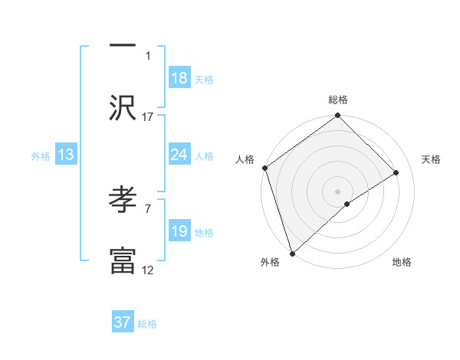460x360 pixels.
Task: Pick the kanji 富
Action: coord(123,260)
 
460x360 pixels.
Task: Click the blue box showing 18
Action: coord(179,78)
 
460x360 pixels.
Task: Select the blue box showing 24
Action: coord(179,155)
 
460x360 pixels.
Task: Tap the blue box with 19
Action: coord(179,231)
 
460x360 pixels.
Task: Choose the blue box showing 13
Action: coord(66,155)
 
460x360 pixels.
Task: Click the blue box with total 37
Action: coord(123,322)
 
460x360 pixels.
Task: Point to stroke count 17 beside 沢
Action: coord(148,116)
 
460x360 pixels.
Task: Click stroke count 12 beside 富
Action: coord(148,270)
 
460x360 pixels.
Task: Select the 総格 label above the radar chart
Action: coord(338,100)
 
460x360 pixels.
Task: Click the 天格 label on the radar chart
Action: coord(431,159)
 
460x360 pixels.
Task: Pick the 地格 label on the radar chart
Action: coord(402,263)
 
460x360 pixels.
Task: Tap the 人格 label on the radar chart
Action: coord(245,159)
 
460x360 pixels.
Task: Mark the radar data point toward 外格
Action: coord(292,253)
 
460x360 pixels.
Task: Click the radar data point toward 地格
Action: coord(347,204)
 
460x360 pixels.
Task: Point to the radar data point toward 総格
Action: coord(338,116)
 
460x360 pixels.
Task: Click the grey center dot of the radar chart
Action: coord(338,191)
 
